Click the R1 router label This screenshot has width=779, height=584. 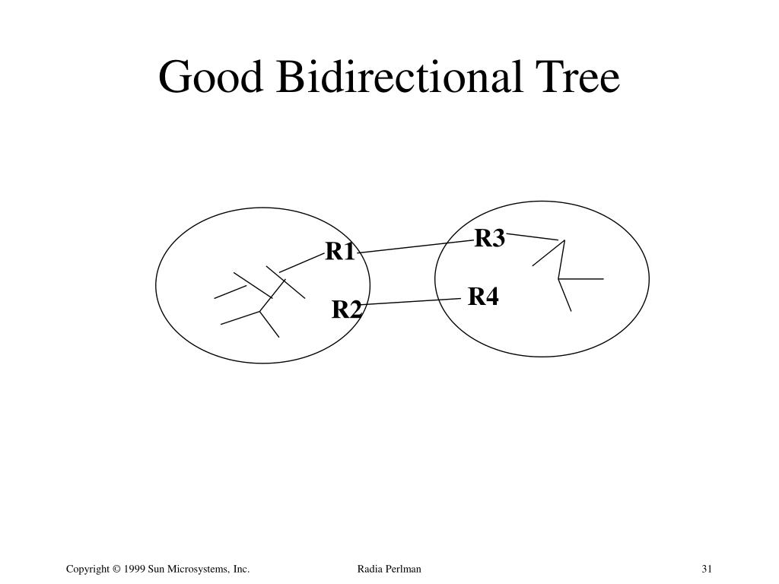340,252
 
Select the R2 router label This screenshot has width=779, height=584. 347,310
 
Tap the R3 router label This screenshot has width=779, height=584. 489,239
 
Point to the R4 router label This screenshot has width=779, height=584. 483,297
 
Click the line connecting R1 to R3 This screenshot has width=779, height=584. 415,246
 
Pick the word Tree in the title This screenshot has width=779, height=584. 578,78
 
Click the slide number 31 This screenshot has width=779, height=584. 707,569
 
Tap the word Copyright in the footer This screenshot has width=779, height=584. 88,569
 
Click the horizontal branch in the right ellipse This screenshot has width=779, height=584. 581,279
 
